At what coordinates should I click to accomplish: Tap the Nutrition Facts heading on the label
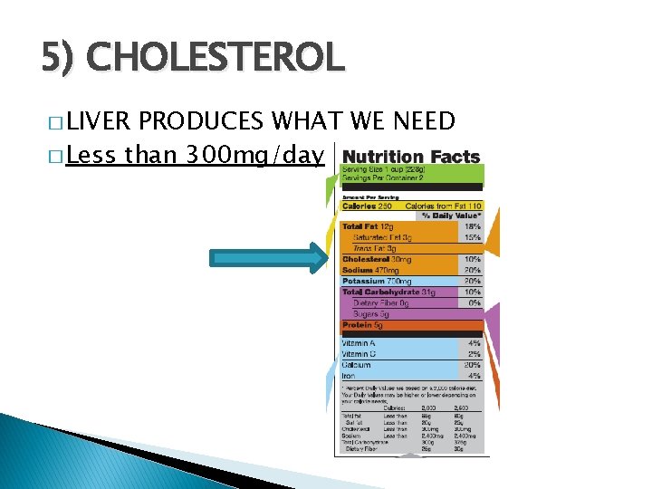point(412,157)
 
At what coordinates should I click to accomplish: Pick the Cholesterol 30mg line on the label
point(376,259)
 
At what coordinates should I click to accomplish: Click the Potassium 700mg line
point(377,281)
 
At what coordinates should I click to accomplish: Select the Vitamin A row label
point(359,343)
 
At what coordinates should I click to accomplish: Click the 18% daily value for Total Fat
point(472,226)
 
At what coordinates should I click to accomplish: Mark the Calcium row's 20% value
point(472,364)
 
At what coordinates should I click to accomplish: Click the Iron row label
point(349,375)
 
